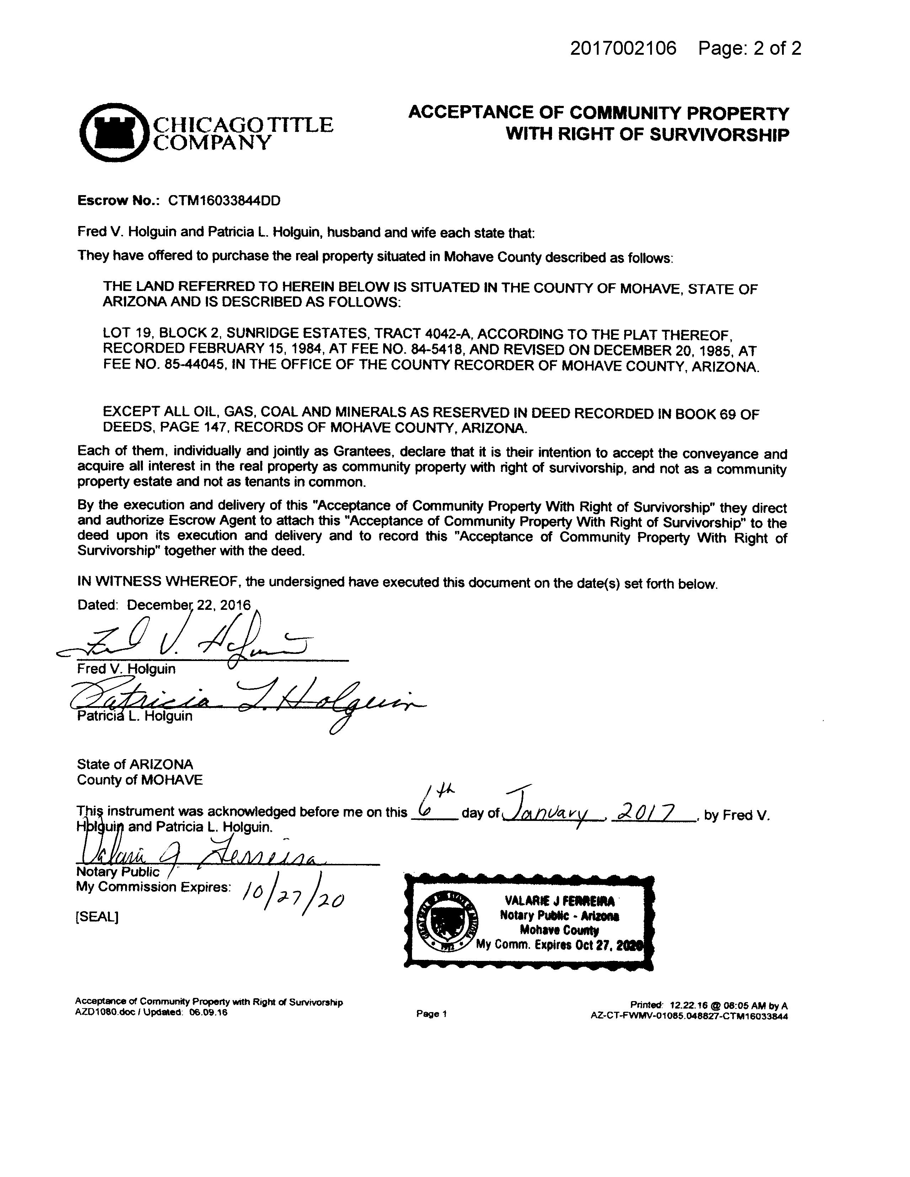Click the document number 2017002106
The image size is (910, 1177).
623,49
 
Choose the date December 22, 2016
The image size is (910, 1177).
189,605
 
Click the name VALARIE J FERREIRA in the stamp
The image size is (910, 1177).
559,901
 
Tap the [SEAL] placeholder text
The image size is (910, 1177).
97,917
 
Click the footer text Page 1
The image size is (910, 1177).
431,1014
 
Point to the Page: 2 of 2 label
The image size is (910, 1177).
749,49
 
